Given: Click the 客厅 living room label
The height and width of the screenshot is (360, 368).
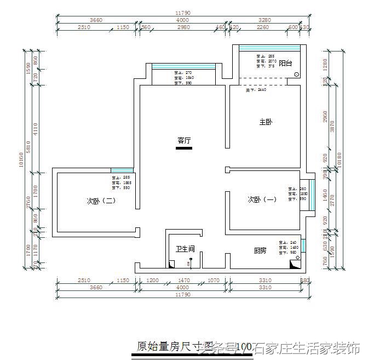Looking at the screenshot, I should click(184, 140).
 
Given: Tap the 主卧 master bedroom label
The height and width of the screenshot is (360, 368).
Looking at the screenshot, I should click(266, 122).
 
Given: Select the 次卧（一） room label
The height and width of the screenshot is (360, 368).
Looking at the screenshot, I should click(262, 200).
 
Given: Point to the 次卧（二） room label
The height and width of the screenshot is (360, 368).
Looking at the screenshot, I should click(101, 201).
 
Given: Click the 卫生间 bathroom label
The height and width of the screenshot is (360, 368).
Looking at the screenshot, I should click(186, 249).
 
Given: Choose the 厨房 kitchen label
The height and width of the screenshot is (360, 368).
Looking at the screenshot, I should click(260, 250).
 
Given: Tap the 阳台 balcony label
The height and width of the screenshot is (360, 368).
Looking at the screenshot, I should click(285, 64).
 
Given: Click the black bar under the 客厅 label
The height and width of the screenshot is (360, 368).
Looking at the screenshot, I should click(184, 147).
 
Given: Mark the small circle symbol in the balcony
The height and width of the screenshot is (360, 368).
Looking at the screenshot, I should click(296, 75).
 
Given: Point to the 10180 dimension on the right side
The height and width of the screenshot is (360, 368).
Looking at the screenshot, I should click(340, 159).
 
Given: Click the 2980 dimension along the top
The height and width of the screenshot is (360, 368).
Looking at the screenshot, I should click(183, 26).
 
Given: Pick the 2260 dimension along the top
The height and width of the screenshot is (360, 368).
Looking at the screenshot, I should click(263, 26).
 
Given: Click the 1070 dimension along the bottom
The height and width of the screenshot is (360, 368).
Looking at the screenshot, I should click(214, 281).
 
